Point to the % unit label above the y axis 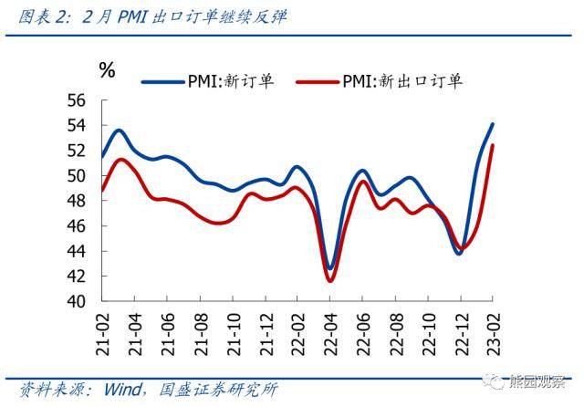coord(107,70)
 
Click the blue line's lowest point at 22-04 coord(330,269)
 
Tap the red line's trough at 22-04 coord(330,280)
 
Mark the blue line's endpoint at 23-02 coord(493,124)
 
